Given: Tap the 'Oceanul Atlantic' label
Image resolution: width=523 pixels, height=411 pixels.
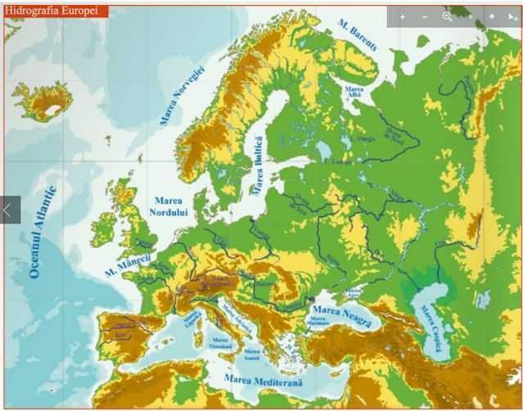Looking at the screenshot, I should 40,233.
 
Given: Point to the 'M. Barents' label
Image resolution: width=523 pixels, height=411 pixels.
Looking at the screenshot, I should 358,35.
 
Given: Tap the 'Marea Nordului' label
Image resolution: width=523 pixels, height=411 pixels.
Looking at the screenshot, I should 169,206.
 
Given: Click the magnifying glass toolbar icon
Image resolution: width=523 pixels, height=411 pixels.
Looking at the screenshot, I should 447,16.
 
